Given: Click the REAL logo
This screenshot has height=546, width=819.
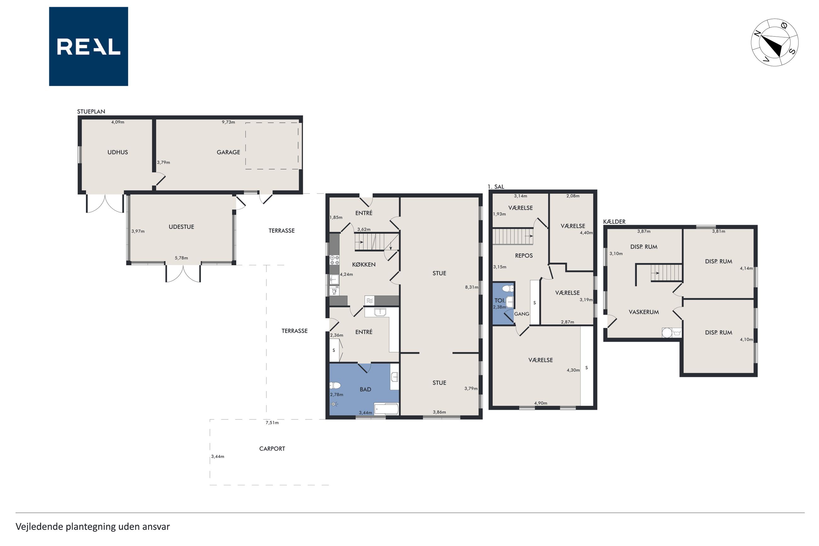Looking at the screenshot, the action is [x=89, y=46].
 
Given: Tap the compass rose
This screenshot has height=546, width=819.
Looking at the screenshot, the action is [x=775, y=42].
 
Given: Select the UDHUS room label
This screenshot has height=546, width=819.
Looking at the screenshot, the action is [x=117, y=152].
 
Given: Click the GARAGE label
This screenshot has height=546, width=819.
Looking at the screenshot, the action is [x=228, y=152].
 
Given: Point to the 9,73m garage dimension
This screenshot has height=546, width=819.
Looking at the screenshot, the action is [x=228, y=122].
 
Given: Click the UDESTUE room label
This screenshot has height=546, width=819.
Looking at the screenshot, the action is [x=181, y=227].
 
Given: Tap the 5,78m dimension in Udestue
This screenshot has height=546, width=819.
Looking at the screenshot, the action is [x=181, y=258].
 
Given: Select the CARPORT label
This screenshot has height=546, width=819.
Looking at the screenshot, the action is [x=272, y=449].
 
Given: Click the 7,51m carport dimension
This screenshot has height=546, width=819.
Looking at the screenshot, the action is [x=272, y=423].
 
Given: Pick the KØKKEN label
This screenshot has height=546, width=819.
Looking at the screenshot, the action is [x=364, y=265].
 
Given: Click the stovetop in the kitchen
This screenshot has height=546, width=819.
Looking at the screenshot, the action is [x=335, y=260].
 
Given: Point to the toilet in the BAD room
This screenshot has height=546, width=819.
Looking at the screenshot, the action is [x=335, y=385].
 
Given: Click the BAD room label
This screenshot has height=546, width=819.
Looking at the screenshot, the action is [x=365, y=390].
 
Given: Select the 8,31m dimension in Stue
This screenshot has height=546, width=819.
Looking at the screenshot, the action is [x=472, y=287].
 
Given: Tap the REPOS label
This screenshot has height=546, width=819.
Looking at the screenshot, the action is [x=524, y=256].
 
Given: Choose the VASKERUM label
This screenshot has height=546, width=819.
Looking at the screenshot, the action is [x=644, y=312].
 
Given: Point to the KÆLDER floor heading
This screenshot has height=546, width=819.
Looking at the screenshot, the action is [x=614, y=221].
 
